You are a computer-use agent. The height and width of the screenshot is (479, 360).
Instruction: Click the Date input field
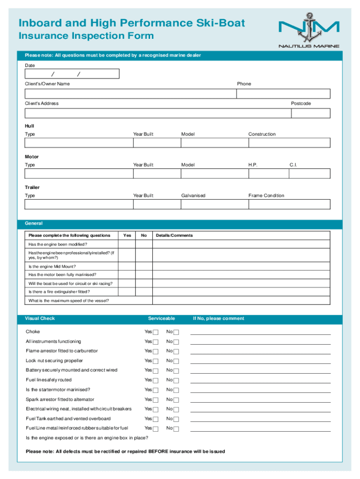pos(72,74)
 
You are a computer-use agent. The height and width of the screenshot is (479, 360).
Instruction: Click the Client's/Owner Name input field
pos(130,94)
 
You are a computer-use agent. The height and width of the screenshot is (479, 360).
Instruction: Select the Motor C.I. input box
pos(309,174)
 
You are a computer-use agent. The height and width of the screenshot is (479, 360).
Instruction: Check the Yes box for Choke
pos(156,332)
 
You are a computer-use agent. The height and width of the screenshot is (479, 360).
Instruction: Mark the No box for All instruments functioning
pos(176,342)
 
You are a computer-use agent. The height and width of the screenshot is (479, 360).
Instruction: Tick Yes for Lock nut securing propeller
pos(156,361)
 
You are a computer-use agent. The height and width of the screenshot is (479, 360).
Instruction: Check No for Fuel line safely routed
pos(176,380)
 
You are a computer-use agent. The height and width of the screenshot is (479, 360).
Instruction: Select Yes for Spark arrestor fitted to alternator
pos(156,400)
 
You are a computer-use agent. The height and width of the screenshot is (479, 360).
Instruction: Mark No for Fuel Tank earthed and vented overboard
pos(176,419)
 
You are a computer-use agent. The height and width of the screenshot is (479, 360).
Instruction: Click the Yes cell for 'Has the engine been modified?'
pos(127,244)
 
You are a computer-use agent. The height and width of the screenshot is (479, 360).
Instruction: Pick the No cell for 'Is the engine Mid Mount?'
pos(144,266)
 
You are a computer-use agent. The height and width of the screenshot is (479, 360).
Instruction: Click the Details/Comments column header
pos(174,235)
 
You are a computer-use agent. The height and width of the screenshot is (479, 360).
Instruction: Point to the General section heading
pos(34,224)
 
